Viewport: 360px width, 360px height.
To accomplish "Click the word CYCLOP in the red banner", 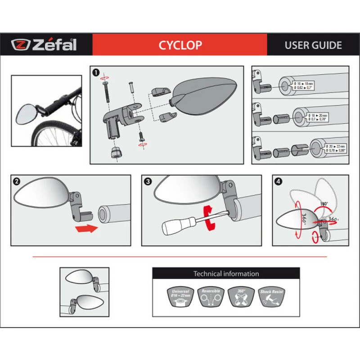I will click(180, 45).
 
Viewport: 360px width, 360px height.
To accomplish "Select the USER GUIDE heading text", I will click(313, 45).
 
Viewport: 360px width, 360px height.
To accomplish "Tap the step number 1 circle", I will click(96, 72).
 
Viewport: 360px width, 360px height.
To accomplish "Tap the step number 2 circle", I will click(17, 181).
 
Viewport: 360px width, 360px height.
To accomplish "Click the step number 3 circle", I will click(148, 181).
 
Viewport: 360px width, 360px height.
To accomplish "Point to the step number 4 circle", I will click(279, 181).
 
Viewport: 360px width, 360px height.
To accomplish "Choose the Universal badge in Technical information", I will click(180, 297).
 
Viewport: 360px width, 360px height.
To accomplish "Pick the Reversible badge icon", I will click(211, 297).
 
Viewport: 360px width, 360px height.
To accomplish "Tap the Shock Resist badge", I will click(272, 297).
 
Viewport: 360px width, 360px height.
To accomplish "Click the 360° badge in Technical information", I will click(241, 297).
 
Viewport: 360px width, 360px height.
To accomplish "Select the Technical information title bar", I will click(226, 274).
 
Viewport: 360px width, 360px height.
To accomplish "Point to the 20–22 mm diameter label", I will click(335, 148).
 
